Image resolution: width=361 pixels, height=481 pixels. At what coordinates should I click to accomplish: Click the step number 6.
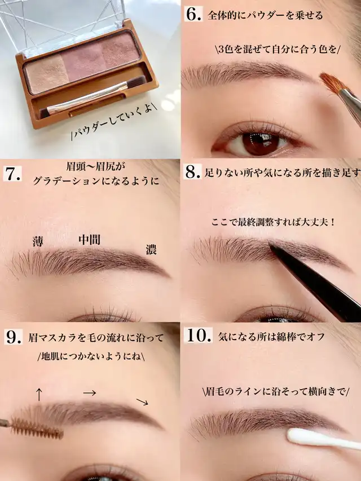pos(193,15)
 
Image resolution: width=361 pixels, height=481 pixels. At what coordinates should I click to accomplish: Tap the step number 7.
pos(12,174)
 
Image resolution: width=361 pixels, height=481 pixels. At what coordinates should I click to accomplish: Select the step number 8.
pos(193,172)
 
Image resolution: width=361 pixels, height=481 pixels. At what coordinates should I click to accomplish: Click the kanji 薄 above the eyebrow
pos(38,242)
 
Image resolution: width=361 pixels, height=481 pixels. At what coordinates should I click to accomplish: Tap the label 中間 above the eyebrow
pos(89,240)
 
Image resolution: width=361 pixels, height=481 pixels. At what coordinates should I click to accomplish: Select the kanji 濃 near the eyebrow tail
pos(151,249)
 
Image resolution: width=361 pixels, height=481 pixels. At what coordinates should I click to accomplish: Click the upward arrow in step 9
pos(39,394)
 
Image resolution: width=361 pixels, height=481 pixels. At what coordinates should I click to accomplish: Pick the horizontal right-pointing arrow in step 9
pos(90,393)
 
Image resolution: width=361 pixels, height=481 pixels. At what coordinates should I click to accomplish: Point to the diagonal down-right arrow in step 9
pos(142,402)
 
